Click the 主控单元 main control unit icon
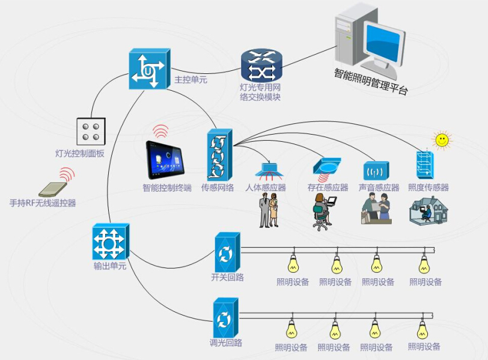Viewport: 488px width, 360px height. click(147, 70)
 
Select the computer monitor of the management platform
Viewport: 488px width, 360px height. click(377, 40)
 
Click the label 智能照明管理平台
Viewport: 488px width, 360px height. click(371, 82)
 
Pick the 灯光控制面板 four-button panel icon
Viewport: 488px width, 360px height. click(91, 132)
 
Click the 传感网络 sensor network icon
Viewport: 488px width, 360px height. click(219, 154)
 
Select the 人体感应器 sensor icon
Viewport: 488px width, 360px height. click(270, 168)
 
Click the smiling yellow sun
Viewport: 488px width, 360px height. click(442, 141)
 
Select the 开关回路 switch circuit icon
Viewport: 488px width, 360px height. click(227, 253)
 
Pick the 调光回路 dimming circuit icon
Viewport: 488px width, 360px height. click(226, 318)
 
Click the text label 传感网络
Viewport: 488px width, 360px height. click(217, 188)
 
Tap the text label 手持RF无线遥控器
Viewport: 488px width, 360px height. click(43, 203)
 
